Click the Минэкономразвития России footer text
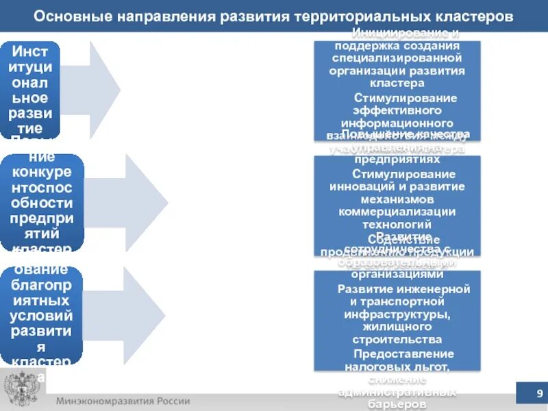pos(123,401)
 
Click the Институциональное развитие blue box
pos(34,89)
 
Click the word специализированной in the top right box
pos(397,58)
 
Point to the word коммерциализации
pos(397,211)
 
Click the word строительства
pos(397,339)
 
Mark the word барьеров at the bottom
pos(397,404)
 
